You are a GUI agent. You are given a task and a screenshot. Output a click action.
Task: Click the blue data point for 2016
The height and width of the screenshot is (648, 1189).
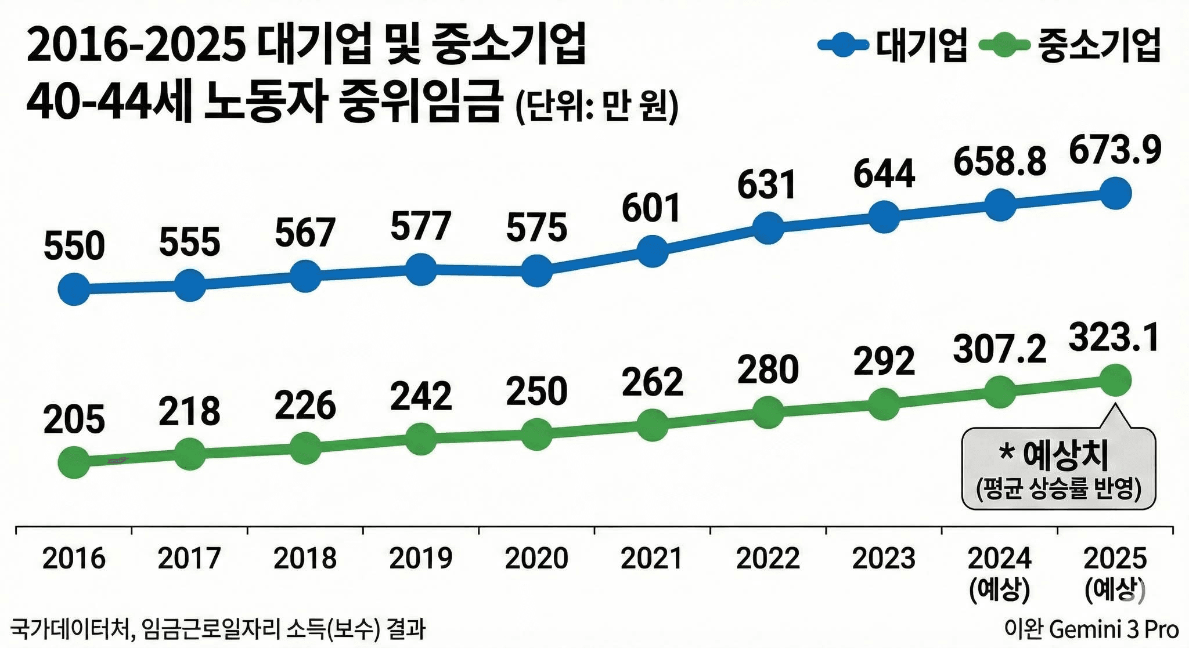74,289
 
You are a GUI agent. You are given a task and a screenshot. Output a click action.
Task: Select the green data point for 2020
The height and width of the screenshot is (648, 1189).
536,434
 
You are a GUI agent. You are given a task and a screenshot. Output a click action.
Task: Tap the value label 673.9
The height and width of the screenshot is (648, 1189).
1115,150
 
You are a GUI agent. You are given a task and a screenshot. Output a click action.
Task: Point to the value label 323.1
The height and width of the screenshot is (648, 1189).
1114,338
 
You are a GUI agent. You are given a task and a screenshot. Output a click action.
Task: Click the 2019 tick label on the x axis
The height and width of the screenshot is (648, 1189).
420,559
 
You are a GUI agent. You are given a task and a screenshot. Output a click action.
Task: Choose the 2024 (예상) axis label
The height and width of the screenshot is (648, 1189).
999,573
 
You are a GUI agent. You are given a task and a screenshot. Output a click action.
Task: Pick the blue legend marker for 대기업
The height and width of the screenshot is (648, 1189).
842,45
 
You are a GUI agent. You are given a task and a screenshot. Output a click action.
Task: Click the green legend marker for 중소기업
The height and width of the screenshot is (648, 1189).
1004,45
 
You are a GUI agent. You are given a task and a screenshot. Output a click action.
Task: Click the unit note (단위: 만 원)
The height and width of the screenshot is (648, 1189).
597,106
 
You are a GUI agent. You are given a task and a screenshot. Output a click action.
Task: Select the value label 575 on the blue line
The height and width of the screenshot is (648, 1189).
536,228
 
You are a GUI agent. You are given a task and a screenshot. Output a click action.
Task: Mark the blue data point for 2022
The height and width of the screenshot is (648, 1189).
768,227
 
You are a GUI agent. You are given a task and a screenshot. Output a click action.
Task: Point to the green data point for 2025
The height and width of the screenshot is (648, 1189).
1115,381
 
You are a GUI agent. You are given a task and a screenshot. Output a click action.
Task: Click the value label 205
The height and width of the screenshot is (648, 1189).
74,420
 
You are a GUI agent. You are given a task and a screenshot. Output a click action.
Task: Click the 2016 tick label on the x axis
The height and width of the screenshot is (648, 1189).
74,559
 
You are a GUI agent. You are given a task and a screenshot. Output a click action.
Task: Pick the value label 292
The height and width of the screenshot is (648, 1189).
884,361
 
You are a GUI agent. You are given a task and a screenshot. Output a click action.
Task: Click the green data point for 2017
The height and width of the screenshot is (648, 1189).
190,453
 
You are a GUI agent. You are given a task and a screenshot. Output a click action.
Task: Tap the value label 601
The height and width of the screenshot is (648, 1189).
651,209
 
